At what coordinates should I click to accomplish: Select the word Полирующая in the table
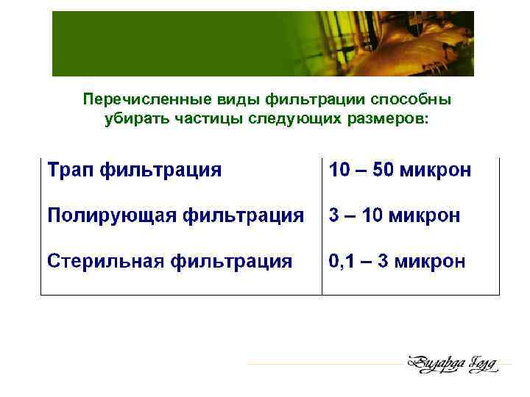click(x=111, y=216)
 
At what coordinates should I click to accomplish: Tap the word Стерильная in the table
click(x=106, y=261)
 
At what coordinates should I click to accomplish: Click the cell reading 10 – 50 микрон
click(x=400, y=171)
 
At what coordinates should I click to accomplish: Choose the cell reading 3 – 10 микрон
click(x=395, y=216)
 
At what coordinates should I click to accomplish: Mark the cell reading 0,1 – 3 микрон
click(x=397, y=261)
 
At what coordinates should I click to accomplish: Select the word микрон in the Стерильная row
click(x=430, y=261)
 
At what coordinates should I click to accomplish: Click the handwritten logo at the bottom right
click(x=452, y=364)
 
